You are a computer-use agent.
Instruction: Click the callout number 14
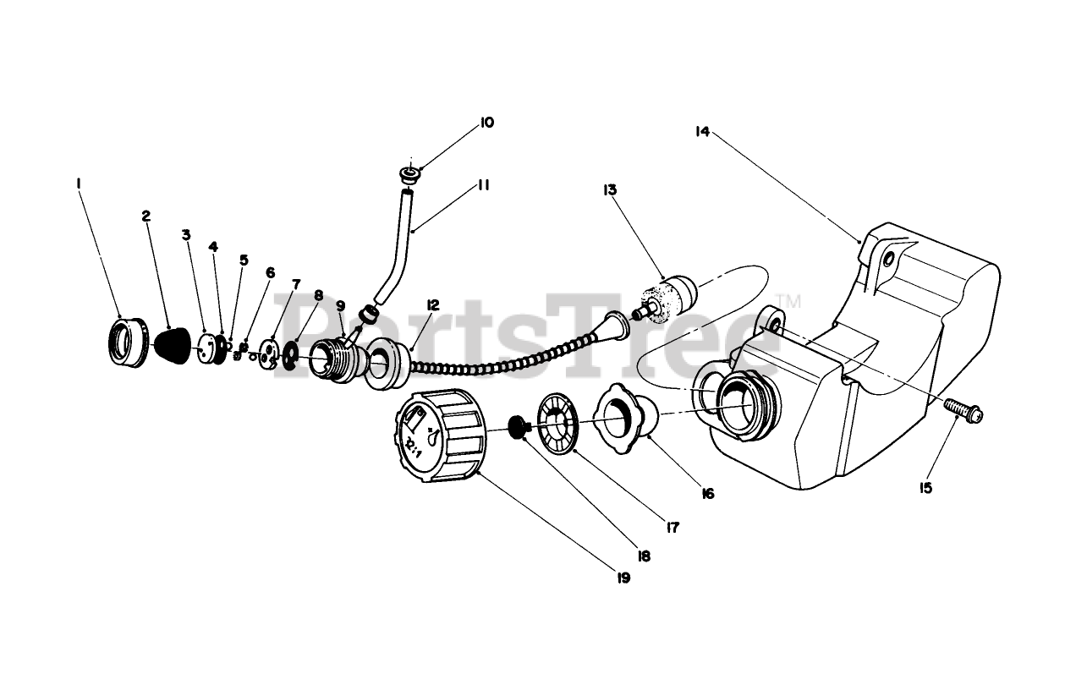tap(701, 131)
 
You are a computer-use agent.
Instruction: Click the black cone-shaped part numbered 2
tap(173, 345)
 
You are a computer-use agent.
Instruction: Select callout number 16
tap(707, 493)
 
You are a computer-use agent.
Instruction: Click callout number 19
tap(623, 578)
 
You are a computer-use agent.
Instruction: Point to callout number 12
tap(433, 304)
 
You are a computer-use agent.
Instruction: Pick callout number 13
tap(610, 190)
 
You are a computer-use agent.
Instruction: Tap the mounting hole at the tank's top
tap(887, 260)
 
